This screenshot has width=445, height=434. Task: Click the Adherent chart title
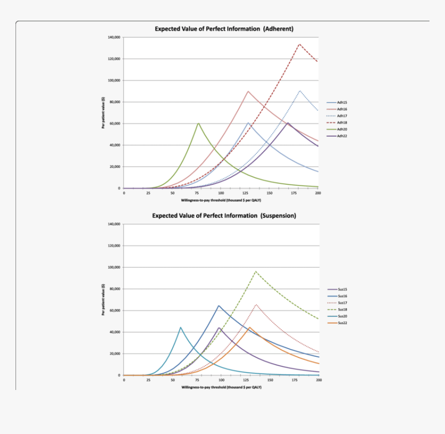[x=224, y=28]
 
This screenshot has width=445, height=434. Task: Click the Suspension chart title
[x=224, y=215]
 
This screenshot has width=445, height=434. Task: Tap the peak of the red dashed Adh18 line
[x=299, y=44]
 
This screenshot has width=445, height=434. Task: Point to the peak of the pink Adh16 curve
[x=248, y=91]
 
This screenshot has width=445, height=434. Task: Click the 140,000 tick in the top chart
[x=114, y=37]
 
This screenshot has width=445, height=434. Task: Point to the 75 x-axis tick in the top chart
[x=197, y=193]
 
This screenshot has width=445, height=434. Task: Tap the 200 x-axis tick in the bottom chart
[x=319, y=380]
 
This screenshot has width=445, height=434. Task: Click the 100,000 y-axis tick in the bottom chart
[x=114, y=267]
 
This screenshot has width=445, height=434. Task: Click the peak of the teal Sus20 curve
[x=181, y=327]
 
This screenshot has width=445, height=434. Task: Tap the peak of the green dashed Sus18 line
[x=256, y=271]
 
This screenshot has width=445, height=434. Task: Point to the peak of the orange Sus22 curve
[x=249, y=327]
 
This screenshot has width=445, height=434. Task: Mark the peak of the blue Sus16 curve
[x=219, y=306]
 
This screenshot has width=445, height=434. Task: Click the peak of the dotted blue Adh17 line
[x=300, y=91]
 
